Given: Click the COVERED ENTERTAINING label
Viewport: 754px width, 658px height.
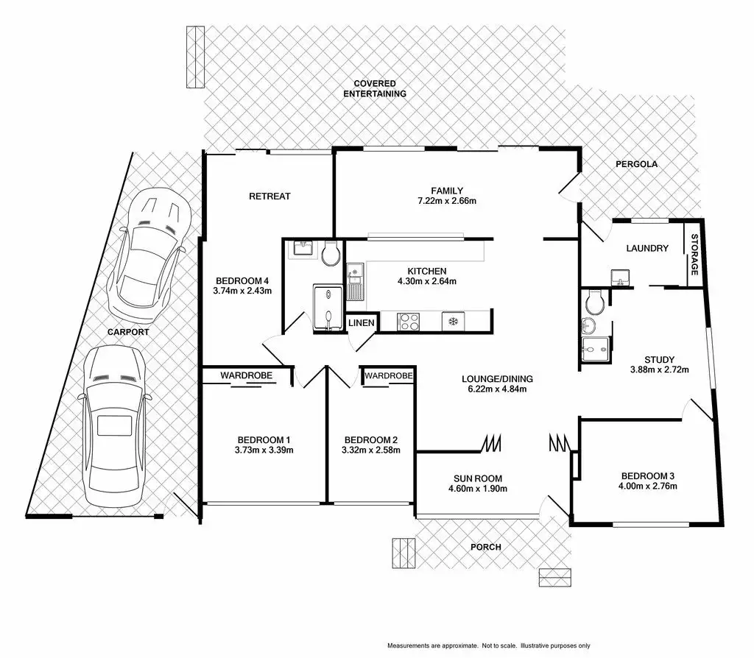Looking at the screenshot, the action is click(x=379, y=88).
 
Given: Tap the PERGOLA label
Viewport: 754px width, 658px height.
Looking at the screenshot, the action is click(x=637, y=164).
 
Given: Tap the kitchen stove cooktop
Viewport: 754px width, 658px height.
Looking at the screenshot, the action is click(x=408, y=321).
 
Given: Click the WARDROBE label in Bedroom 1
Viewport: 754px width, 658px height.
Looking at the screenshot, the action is click(x=247, y=375).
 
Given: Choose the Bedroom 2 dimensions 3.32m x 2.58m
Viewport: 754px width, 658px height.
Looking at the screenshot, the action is click(x=370, y=450).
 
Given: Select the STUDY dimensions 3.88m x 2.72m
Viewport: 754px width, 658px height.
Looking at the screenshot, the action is click(x=659, y=369).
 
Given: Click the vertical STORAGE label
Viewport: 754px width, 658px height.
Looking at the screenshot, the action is click(x=694, y=255).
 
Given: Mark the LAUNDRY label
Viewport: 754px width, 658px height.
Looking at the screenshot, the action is click(x=647, y=248).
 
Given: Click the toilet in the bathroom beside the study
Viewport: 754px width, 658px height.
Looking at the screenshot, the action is click(x=594, y=300).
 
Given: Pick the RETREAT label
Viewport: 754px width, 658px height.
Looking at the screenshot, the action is click(x=269, y=196).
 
